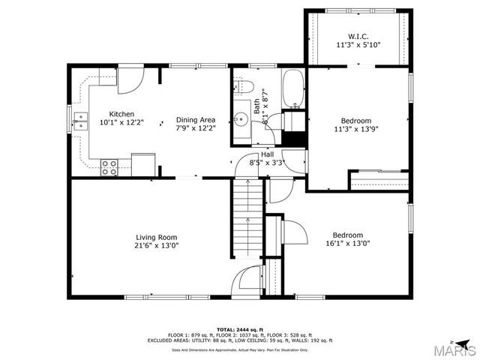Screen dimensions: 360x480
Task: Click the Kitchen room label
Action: [x=121, y=114]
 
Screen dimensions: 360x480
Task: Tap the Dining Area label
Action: [x=196, y=119]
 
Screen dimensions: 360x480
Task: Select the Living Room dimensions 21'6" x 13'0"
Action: [x=156, y=245]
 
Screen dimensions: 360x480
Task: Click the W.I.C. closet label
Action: [x=358, y=35]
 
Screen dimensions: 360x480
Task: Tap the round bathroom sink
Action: [x=240, y=118]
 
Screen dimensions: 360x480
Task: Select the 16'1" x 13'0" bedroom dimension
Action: [x=348, y=243]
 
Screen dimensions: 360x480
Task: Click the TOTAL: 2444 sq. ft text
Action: [x=239, y=329]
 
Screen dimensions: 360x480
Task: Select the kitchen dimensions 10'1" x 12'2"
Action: [x=121, y=123]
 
